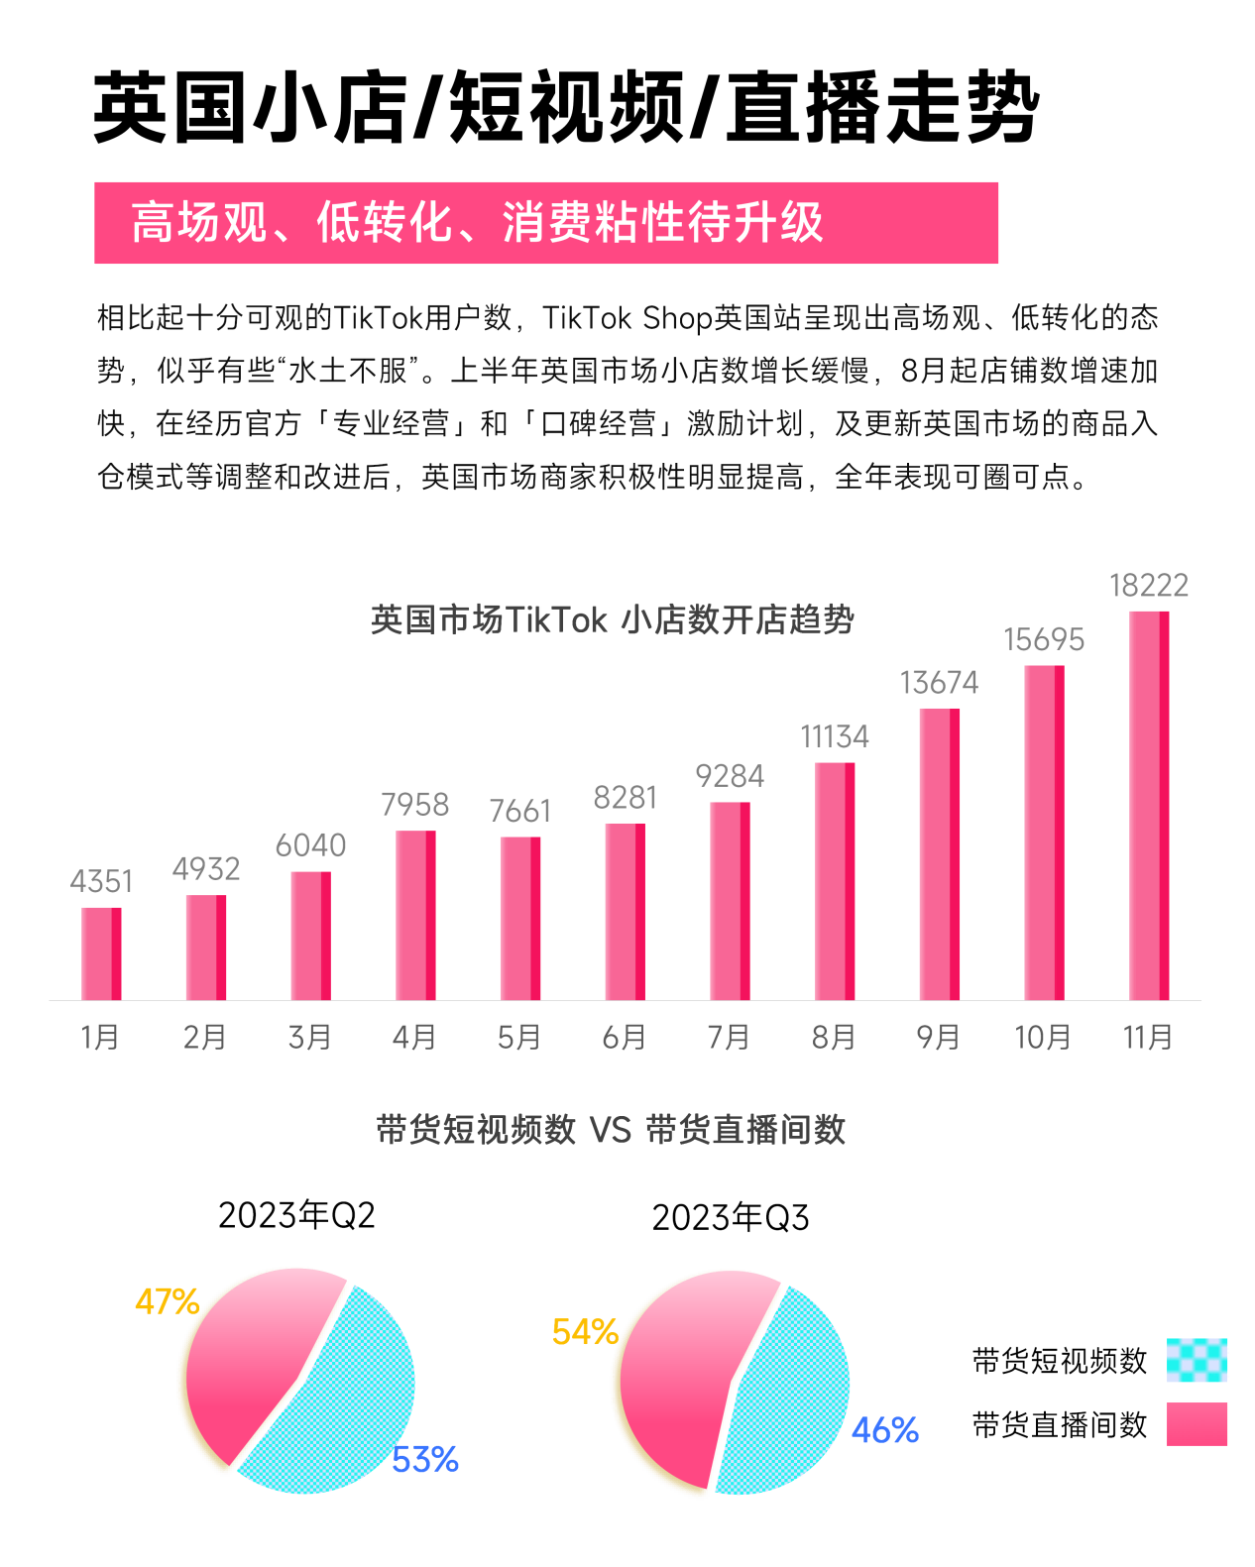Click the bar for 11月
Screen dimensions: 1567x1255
[1148, 805]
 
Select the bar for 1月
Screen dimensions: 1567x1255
[101, 953]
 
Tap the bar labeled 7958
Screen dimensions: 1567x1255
[415, 915]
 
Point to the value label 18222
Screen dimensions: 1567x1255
[1148, 586]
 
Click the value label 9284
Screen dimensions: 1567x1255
[730, 776]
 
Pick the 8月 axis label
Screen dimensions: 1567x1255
[834, 1038]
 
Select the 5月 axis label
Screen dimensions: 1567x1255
[519, 1038]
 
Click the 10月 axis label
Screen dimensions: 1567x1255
[1043, 1038]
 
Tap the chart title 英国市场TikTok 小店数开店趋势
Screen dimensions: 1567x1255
[613, 620]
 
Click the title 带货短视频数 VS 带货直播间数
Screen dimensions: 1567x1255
[611, 1130]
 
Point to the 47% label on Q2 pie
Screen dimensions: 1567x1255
[168, 1301]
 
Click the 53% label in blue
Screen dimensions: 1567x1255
[425, 1460]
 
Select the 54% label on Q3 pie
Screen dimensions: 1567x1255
[585, 1332]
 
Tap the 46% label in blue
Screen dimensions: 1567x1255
[885, 1430]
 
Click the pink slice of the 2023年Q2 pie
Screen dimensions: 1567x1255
[253, 1348]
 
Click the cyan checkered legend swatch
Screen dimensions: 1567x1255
[1197, 1360]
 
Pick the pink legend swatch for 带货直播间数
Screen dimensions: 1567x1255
[1197, 1424]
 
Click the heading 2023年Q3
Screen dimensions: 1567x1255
[731, 1218]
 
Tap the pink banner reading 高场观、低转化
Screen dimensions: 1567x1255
[545, 223]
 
